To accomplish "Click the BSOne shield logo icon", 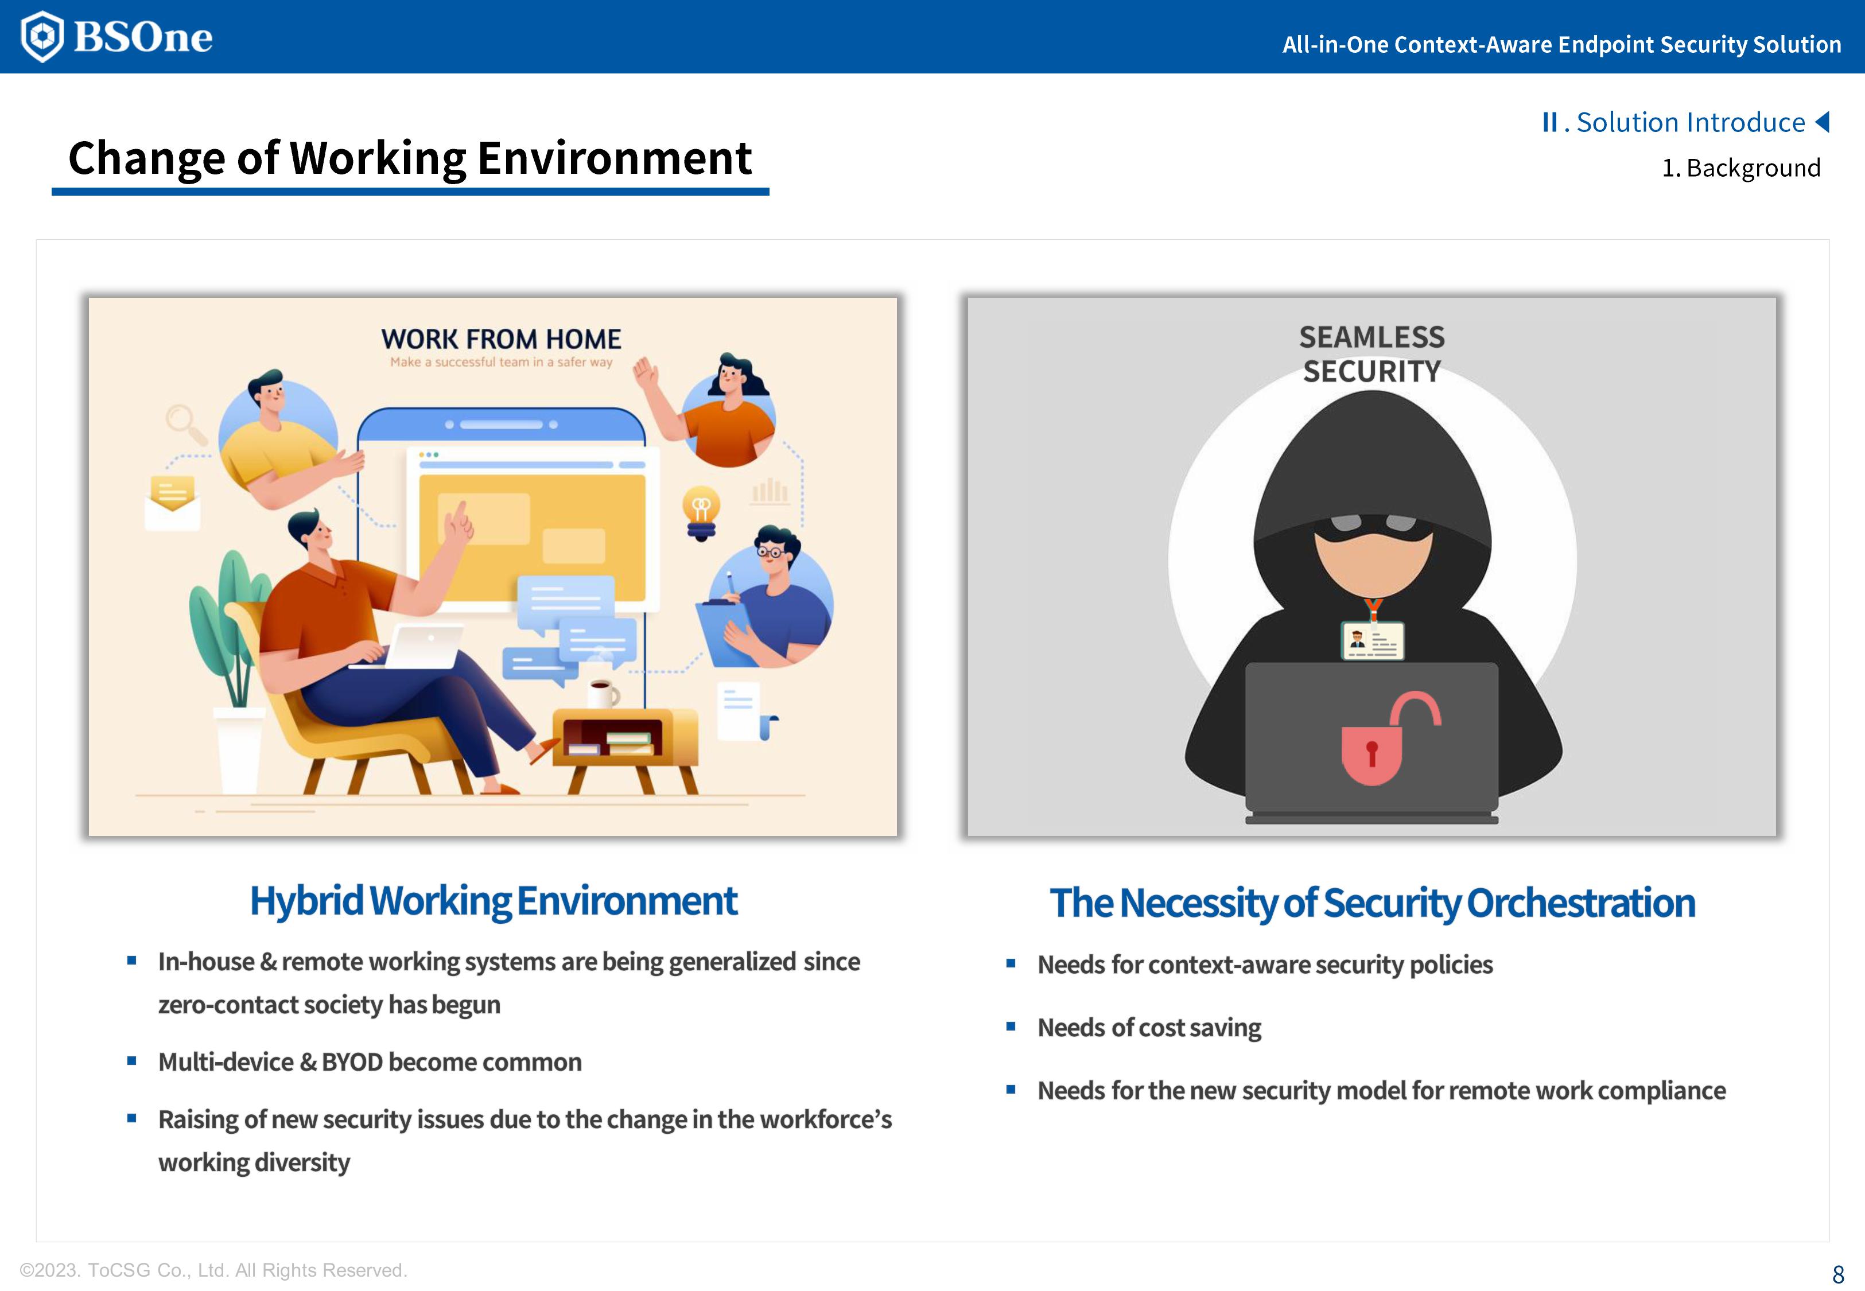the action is (41, 36).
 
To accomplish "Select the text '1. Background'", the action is (1740, 168).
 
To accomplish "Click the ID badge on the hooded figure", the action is (1373, 641).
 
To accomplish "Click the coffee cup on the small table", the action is (603, 693).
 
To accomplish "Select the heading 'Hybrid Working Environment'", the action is (494, 901).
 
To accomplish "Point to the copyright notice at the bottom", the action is (213, 1270).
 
